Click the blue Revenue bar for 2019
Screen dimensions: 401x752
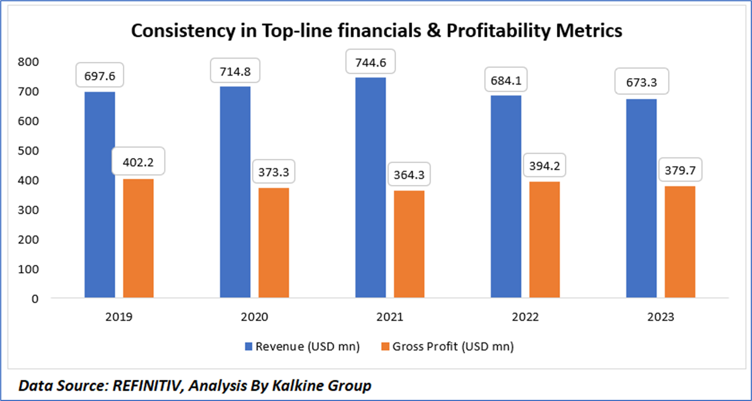[x=99, y=195]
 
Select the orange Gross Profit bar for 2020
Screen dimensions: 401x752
[x=273, y=243]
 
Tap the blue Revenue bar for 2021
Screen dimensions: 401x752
[x=370, y=188]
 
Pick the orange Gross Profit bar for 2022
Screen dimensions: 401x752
[x=544, y=240]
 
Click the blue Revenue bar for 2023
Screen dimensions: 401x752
[x=641, y=199]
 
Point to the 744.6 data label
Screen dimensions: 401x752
[x=370, y=60]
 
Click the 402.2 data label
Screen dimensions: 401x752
[x=138, y=163]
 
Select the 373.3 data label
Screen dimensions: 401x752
[x=273, y=171]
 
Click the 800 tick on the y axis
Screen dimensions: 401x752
[x=29, y=62]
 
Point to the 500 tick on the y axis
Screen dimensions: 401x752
[x=29, y=151]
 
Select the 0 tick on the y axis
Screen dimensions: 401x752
[x=35, y=299]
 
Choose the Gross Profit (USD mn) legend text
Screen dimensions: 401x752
[x=453, y=346]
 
